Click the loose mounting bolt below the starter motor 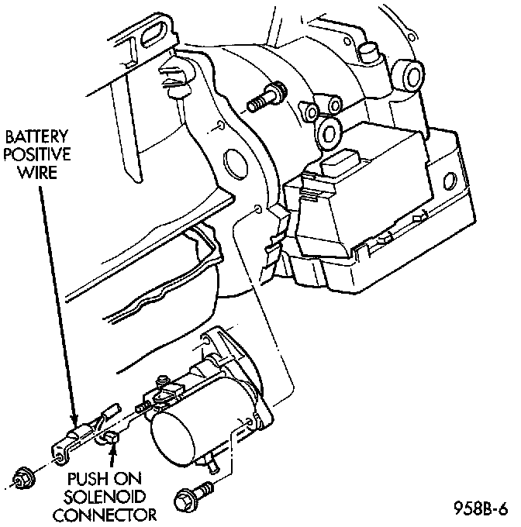pos(189,497)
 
